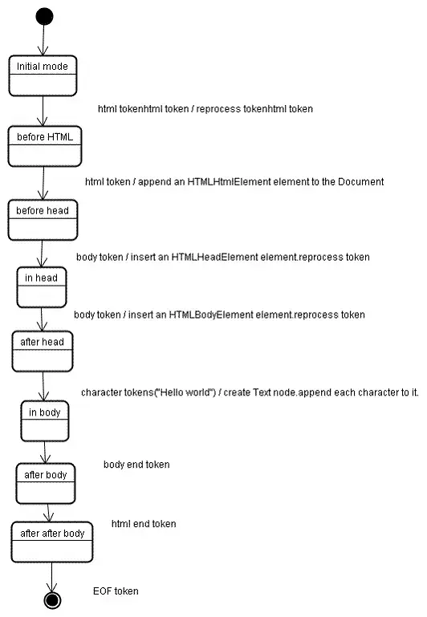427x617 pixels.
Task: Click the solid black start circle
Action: [x=44, y=16]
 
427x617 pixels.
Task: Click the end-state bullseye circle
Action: [x=53, y=599]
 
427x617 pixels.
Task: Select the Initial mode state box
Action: [x=43, y=75]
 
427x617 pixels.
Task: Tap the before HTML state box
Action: [x=44, y=145]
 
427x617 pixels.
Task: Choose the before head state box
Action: [x=43, y=219]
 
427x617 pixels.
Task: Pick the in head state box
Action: [x=42, y=286]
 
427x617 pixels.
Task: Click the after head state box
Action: [x=42, y=350]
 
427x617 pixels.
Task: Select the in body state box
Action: [x=45, y=420]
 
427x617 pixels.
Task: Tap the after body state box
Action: [x=46, y=482]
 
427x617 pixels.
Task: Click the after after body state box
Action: [x=52, y=542]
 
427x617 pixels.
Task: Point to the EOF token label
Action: [x=116, y=591]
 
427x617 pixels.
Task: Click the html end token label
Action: [x=144, y=524]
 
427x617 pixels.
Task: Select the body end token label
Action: [x=136, y=465]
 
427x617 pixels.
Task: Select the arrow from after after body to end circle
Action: [x=53, y=576]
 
